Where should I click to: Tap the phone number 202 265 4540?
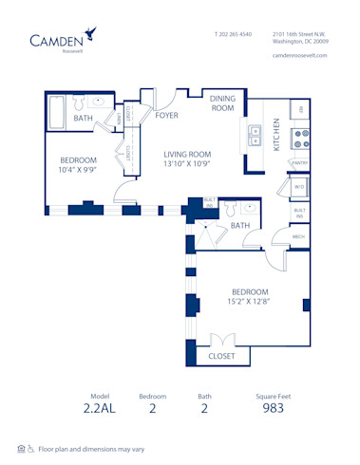coord(233,33)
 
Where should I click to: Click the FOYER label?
coord(167,116)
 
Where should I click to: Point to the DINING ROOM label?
coord(222,102)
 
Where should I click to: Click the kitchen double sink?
coord(256,135)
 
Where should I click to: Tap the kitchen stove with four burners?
coord(300,139)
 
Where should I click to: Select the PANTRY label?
coord(300,164)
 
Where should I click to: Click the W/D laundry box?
coord(299,187)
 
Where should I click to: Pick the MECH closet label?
coord(298,236)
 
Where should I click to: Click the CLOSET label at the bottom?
coord(222,356)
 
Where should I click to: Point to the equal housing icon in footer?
coord(20,448)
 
